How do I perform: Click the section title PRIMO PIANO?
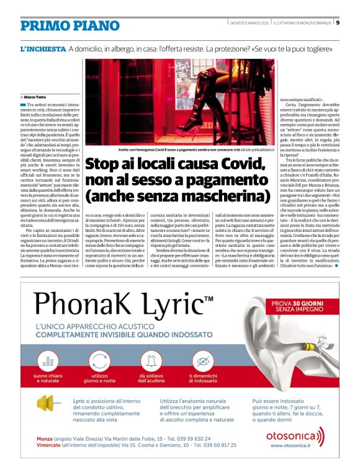click(70, 25)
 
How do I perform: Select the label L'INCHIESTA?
click(42, 48)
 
